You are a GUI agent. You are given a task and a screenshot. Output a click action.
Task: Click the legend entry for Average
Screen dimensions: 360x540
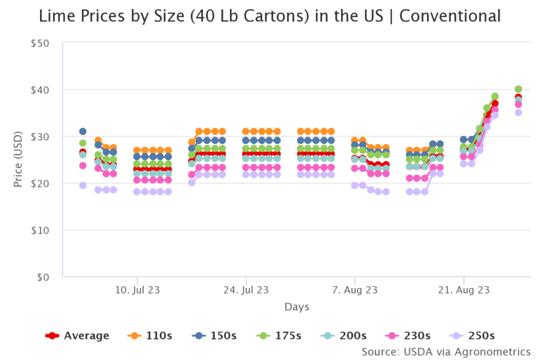pyautogui.click(x=78, y=336)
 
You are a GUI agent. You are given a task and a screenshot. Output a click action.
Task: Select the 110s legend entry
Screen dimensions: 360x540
pyautogui.click(x=150, y=336)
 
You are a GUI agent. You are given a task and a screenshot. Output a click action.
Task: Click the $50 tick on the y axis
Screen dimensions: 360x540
pyautogui.click(x=40, y=43)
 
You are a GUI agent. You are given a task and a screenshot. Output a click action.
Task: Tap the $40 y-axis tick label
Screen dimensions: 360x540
pyautogui.click(x=40, y=90)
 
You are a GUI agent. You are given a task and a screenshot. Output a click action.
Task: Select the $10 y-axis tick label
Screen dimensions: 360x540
pyautogui.click(x=40, y=230)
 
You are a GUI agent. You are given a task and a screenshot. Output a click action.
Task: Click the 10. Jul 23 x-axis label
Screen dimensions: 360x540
pyautogui.click(x=137, y=290)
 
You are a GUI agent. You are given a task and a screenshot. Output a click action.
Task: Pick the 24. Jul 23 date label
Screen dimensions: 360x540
pyautogui.click(x=246, y=290)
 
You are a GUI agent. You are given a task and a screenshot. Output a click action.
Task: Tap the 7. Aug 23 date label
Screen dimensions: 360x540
pyautogui.click(x=355, y=290)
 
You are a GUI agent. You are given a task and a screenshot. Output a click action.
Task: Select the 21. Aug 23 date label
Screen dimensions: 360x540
pyautogui.click(x=464, y=290)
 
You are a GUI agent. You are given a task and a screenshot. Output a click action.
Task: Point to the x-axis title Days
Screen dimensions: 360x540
pyautogui.click(x=297, y=307)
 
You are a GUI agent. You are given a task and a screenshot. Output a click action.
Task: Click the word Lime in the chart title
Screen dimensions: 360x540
pyautogui.click(x=55, y=17)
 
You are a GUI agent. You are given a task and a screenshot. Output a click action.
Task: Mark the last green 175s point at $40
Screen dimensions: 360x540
pyautogui.click(x=518, y=89)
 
